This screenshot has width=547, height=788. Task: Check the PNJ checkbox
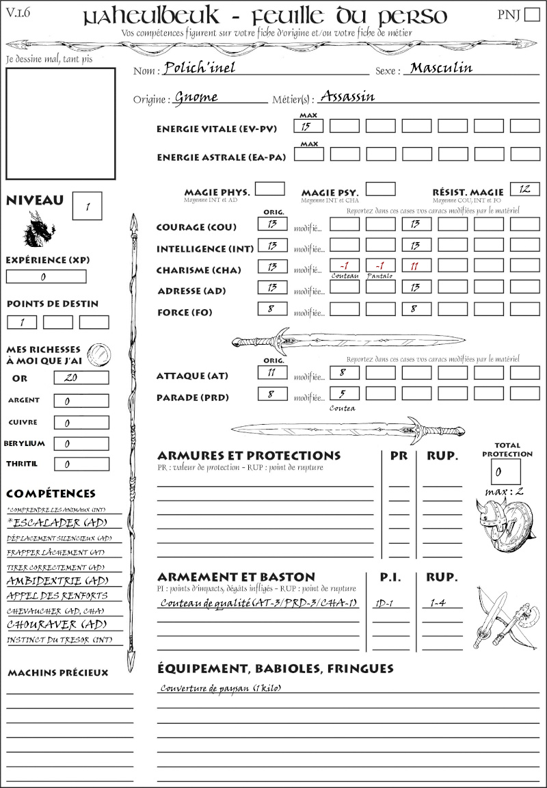[531, 15]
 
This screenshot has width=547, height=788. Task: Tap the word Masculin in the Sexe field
[441, 68]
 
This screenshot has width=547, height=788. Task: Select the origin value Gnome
[196, 97]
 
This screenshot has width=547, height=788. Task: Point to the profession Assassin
[347, 96]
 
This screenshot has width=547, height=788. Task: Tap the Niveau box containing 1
[88, 206]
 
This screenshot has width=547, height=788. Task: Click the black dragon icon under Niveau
[39, 229]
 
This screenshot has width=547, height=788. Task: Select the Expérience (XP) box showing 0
[46, 277]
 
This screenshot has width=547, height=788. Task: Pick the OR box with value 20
[81, 378]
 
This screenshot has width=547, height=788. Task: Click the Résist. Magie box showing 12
[524, 189]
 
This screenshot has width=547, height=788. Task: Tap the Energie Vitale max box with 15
[308, 127]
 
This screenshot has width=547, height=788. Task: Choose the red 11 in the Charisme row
[416, 266]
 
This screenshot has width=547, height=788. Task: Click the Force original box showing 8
[272, 308]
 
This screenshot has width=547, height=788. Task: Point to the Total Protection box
[505, 471]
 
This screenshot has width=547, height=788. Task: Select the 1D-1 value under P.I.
[384, 603]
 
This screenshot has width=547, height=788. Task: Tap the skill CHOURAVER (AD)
[57, 625]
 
